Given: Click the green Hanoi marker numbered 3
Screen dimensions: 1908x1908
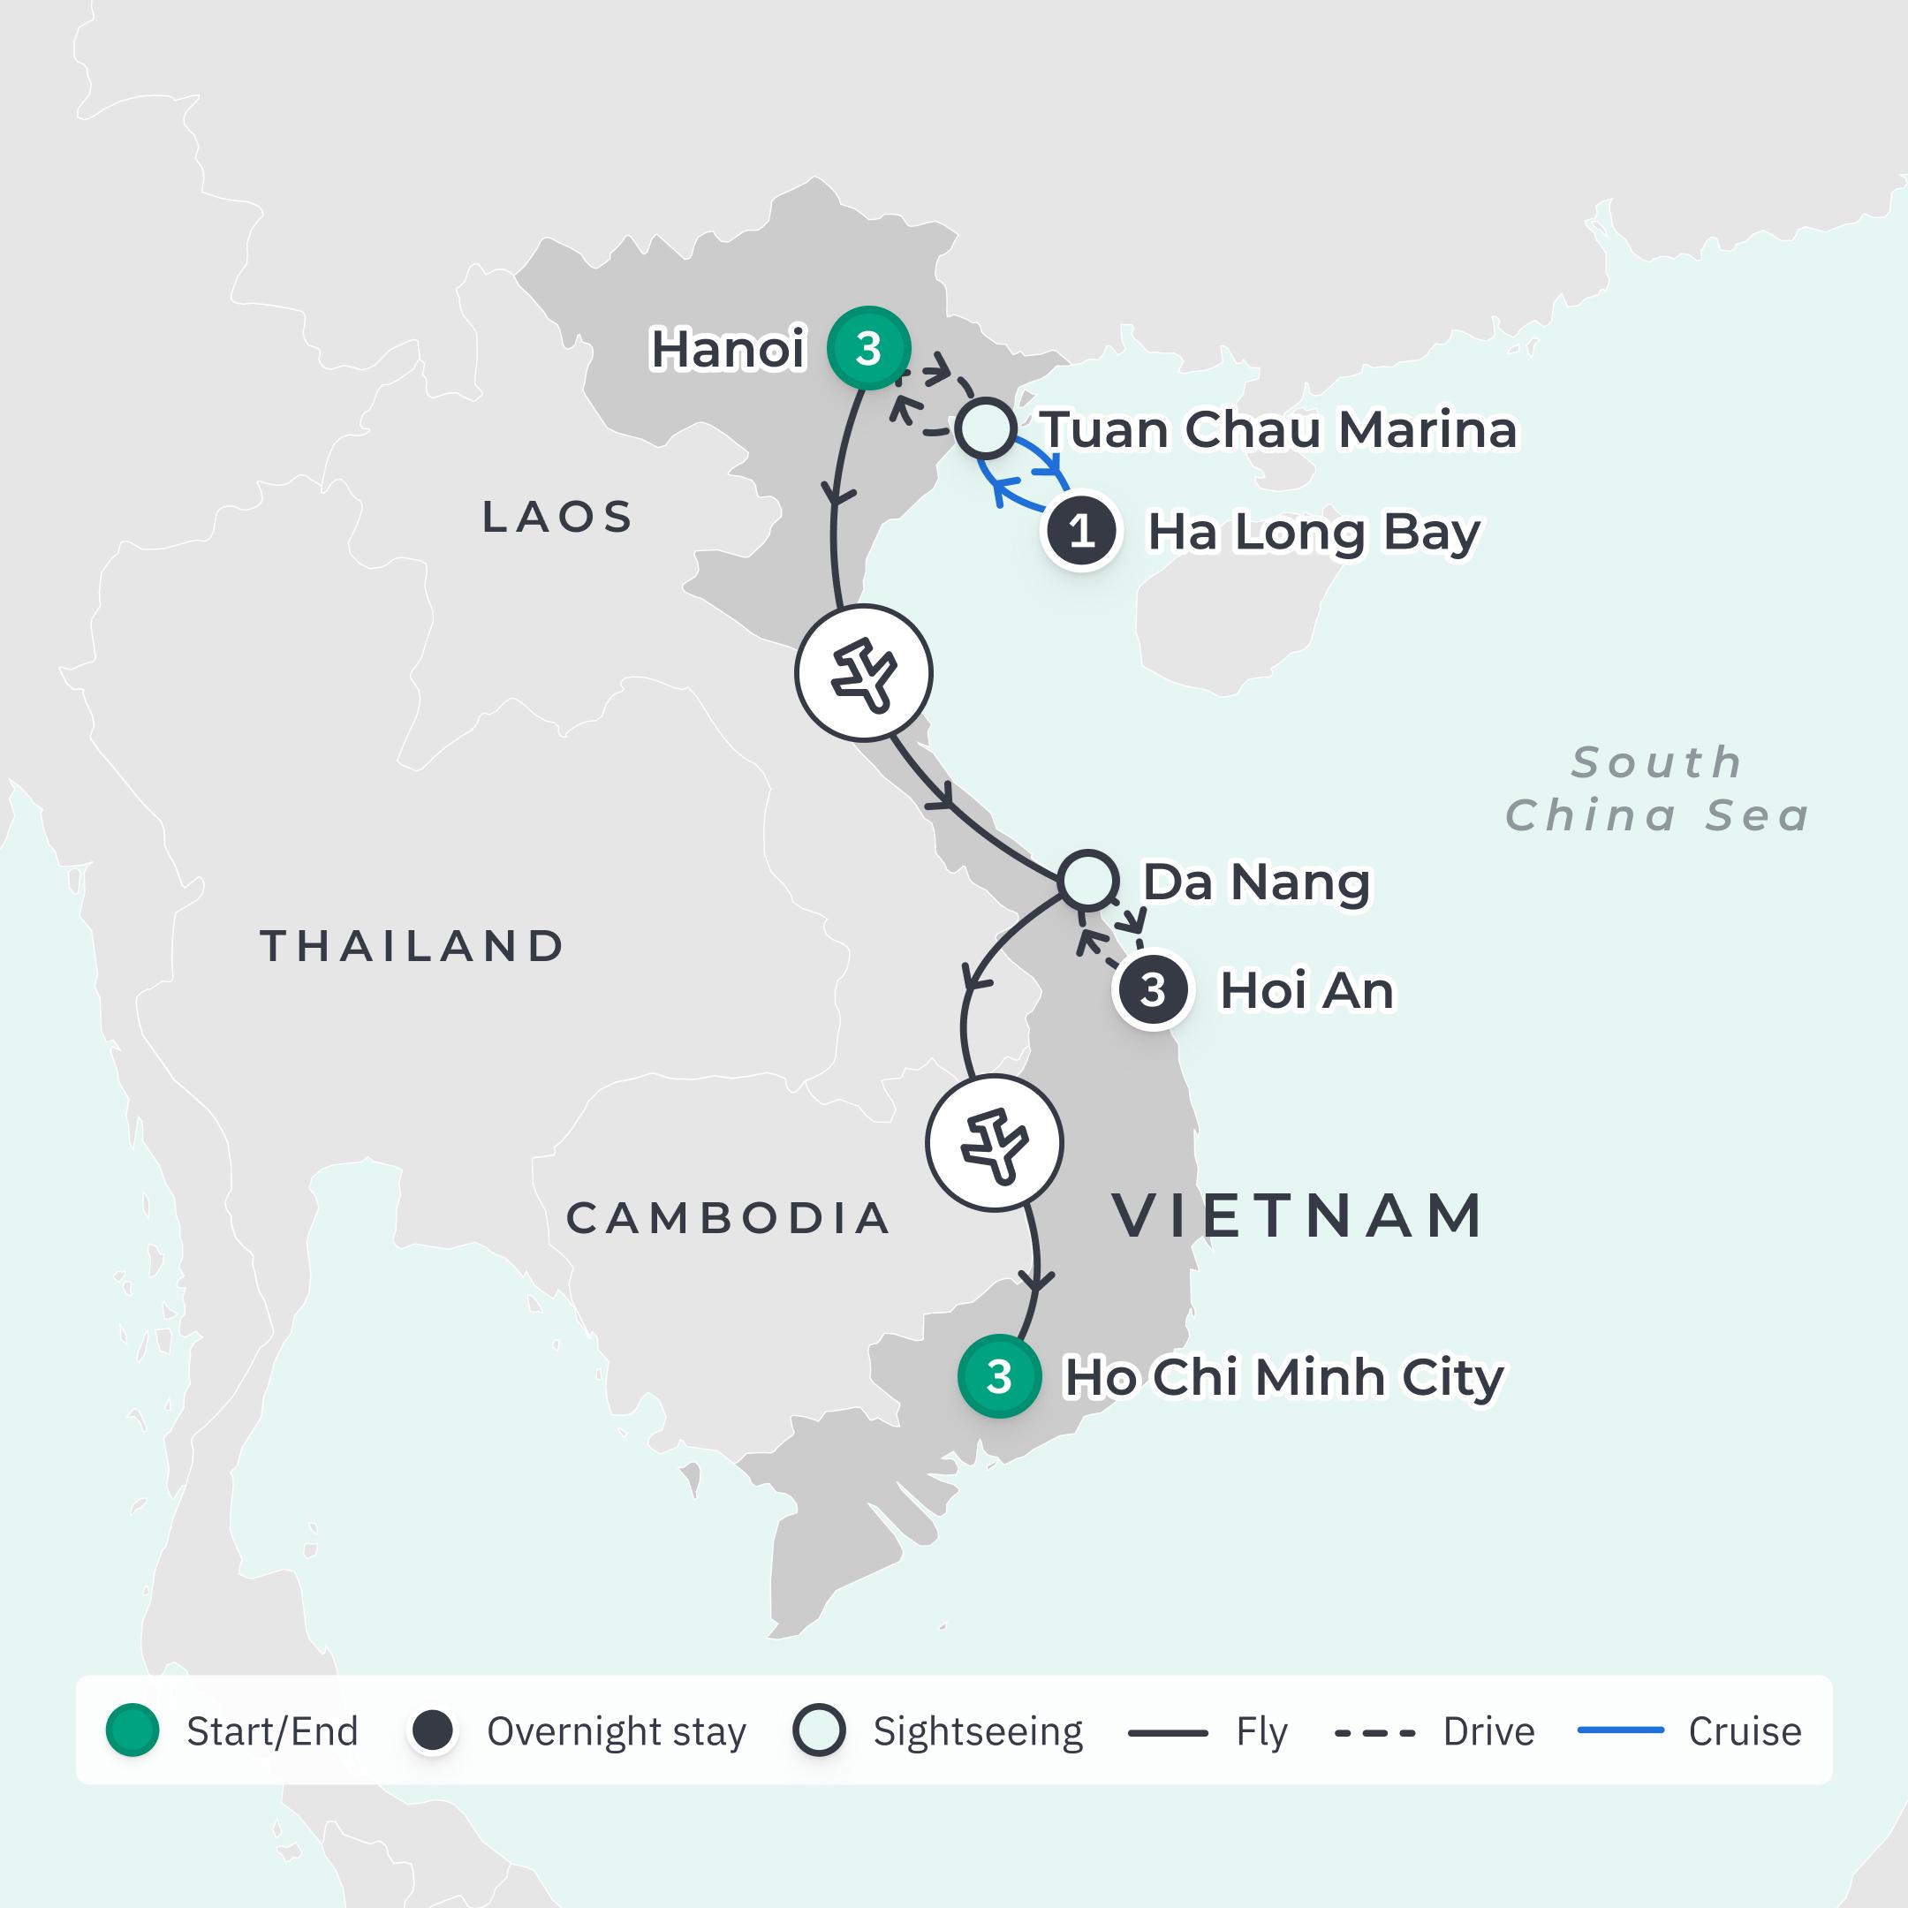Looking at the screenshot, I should [x=868, y=348].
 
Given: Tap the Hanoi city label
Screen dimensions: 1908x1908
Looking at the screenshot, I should [x=728, y=349].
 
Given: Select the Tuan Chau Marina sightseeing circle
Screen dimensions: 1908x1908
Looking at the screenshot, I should [x=986, y=428].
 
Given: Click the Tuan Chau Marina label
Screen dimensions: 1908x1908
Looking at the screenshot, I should [x=1279, y=429].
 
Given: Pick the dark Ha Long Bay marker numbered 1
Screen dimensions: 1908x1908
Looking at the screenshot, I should [x=1081, y=531].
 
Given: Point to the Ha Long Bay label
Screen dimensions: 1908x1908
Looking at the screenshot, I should [x=1314, y=533].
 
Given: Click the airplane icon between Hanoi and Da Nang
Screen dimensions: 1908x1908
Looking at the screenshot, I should [x=863, y=672].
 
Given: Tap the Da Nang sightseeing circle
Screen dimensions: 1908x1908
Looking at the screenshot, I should [x=1088, y=880].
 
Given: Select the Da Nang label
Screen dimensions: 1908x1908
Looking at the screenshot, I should [x=1256, y=882].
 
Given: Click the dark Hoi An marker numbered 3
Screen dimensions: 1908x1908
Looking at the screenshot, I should [x=1153, y=989].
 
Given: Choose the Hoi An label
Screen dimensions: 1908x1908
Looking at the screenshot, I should [x=1306, y=990].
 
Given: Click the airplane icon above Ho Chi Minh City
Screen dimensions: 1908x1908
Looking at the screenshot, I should [x=995, y=1143].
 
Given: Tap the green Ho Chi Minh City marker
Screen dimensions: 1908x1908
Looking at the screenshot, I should [x=998, y=1375].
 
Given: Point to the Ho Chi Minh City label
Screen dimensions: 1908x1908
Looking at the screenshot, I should [x=1283, y=1377].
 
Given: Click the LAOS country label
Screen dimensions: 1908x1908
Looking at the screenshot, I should [x=558, y=517].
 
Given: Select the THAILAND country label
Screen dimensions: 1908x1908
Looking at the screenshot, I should [x=413, y=946].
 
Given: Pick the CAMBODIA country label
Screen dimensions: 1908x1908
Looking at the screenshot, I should [x=729, y=1218].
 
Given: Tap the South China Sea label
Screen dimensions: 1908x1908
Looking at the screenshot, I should [x=1657, y=789].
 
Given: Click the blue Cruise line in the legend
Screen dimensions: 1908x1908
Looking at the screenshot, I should [x=1621, y=1731].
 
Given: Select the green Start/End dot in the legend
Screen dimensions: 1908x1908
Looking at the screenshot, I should [x=132, y=1731].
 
